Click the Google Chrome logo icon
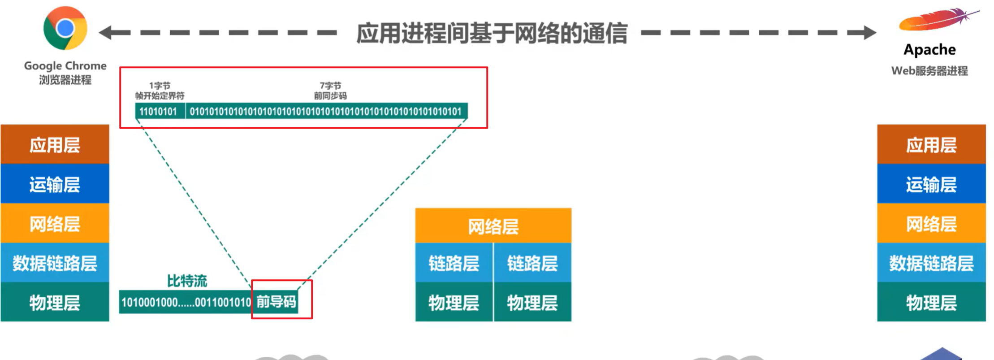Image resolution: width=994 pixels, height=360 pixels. pos(65,28)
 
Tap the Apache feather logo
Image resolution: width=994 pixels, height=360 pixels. pos(937,20)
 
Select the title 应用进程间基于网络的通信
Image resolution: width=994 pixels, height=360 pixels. pos(492,33)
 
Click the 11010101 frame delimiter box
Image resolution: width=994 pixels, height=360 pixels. pos(160,112)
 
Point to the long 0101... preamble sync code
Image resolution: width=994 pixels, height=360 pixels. pos(326,112)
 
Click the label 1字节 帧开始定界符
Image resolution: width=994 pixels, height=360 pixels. pos(160,91)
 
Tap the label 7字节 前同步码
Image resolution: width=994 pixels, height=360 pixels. pos(330,91)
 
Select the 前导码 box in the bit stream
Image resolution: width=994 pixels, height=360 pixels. pos(276,302)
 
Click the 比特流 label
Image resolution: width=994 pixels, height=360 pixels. pos(187,281)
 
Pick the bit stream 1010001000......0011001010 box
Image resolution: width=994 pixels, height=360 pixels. pos(186,302)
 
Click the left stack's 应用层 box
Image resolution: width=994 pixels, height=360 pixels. pos(55,144)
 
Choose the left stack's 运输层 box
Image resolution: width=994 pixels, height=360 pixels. pos(55,184)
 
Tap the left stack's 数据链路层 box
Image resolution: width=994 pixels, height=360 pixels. pos(55,263)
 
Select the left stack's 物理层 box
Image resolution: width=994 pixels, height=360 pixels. pos(55,302)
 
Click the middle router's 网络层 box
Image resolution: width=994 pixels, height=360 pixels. pos(493,226)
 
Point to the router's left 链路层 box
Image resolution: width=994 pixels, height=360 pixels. pos(454,263)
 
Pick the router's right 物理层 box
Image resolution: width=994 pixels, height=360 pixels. pos(532,302)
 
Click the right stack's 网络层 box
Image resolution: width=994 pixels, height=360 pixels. pos(931,223)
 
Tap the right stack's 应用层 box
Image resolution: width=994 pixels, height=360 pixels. pos(931,144)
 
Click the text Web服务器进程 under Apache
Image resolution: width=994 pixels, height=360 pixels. pos(929,71)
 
